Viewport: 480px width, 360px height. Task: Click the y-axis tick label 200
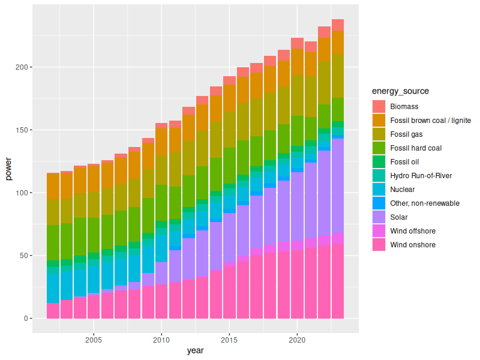[22, 67]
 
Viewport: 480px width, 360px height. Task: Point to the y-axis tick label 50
[23, 256]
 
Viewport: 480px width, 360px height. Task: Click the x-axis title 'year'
[195, 350]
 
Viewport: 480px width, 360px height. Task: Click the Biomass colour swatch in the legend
[379, 107]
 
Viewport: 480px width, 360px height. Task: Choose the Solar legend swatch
[379, 217]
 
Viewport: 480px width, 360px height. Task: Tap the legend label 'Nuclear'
[403, 190]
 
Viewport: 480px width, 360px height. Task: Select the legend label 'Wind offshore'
[413, 231]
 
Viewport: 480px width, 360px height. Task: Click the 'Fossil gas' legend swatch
[379, 134]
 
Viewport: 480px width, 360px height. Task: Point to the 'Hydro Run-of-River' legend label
[421, 176]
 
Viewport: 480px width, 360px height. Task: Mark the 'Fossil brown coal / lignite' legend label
[430, 121]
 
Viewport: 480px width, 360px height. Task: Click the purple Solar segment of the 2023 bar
[337, 185]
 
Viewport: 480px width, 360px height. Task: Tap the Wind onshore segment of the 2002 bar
[53, 311]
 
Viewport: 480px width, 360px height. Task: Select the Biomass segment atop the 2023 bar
[337, 25]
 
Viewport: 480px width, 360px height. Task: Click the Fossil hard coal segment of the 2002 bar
[53, 242]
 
